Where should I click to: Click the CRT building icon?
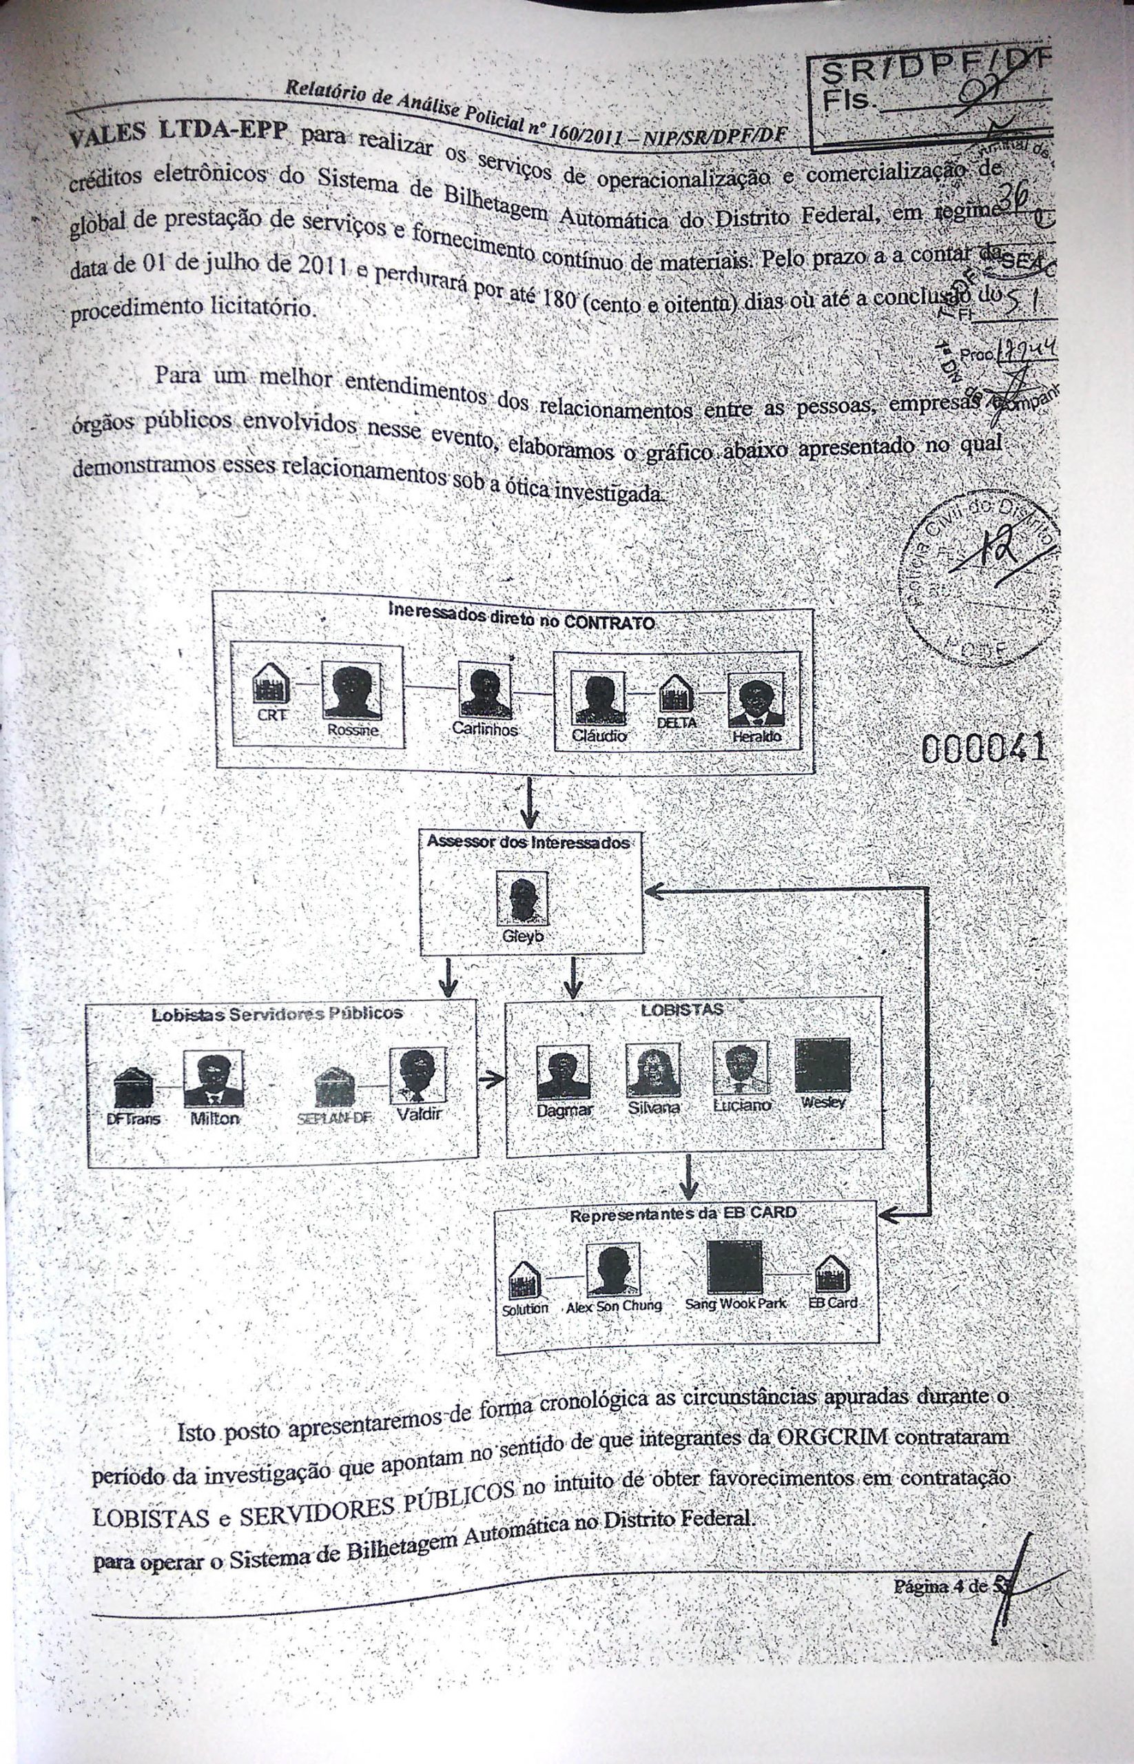coord(271,683)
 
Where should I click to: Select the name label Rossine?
coord(353,730)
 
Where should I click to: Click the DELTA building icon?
coord(675,694)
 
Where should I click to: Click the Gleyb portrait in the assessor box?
coord(522,899)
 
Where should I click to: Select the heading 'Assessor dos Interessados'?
coord(528,842)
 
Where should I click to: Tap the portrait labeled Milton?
coord(213,1080)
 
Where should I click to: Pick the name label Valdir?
coord(419,1114)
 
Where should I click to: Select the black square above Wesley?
coord(823,1065)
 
